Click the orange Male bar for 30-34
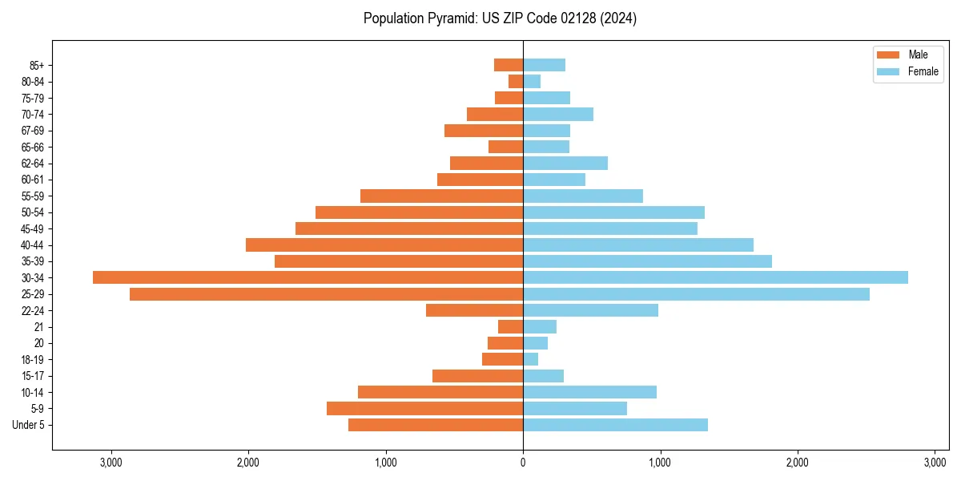click(x=308, y=277)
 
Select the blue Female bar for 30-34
click(x=715, y=277)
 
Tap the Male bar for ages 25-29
click(x=326, y=294)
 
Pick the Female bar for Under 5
click(x=615, y=425)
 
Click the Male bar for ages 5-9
click(x=424, y=409)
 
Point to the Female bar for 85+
click(x=544, y=65)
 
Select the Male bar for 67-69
click(x=484, y=131)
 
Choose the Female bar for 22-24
click(x=590, y=310)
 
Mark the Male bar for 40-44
click(x=384, y=245)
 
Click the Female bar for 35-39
click(x=647, y=261)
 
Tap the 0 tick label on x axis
click(x=523, y=463)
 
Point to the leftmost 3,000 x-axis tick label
click(x=111, y=463)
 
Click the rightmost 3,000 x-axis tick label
click(x=935, y=463)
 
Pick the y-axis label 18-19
click(x=33, y=360)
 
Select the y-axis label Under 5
click(x=29, y=425)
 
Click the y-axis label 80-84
click(x=33, y=82)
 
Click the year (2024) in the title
click(x=621, y=18)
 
